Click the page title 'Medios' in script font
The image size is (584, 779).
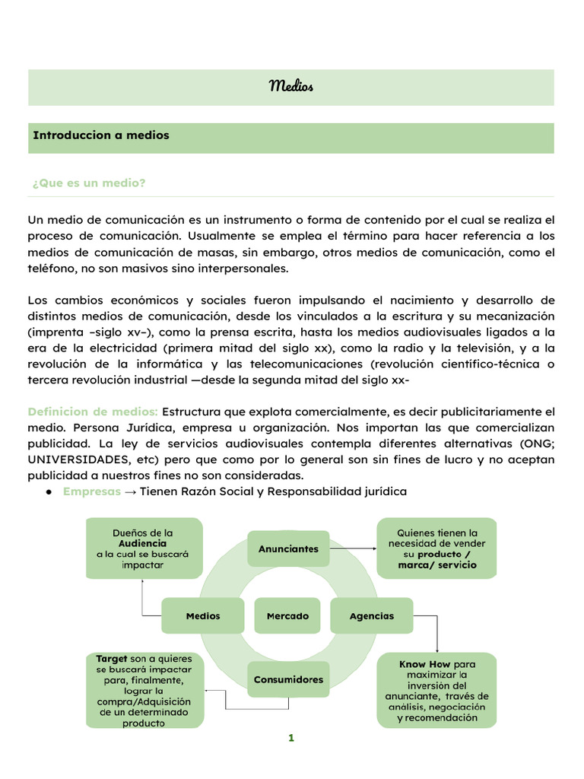click(x=291, y=86)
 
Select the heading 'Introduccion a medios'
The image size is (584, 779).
click(x=100, y=135)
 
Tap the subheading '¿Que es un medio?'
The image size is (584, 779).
click(x=89, y=183)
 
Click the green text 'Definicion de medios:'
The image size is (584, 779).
click(x=93, y=412)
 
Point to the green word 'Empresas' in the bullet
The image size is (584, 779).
click(x=92, y=491)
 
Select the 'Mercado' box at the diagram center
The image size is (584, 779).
click(x=287, y=616)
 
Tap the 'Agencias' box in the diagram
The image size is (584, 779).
click(x=372, y=616)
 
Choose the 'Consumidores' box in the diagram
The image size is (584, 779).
click(x=288, y=679)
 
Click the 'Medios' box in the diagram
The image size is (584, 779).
click(x=202, y=616)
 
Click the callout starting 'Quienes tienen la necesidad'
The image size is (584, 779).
click(x=436, y=548)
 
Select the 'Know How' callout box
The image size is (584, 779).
click(x=436, y=691)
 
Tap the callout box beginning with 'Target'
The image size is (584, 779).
click(x=144, y=690)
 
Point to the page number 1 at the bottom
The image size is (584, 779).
click(x=290, y=738)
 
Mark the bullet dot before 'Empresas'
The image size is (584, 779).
click(x=48, y=491)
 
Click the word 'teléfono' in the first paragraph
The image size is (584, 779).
click(x=50, y=268)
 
